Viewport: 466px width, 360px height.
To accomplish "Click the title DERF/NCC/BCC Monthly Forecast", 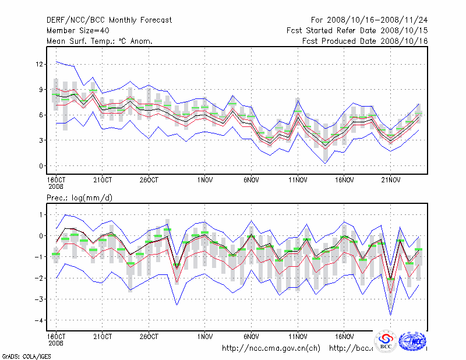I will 110,20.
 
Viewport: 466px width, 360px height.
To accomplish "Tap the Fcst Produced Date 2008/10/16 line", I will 365,41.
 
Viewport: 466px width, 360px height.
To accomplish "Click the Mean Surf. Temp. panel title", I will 100,41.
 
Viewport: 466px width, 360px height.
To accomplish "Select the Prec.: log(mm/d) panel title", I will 80,198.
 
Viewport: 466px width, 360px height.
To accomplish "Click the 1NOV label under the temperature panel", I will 204,180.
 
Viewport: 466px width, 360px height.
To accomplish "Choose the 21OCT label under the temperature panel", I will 103,180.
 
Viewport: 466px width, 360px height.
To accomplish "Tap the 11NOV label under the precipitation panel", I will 298,336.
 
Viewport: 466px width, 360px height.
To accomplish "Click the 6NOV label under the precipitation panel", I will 251,336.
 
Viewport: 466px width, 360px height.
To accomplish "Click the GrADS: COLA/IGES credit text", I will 23,355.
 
